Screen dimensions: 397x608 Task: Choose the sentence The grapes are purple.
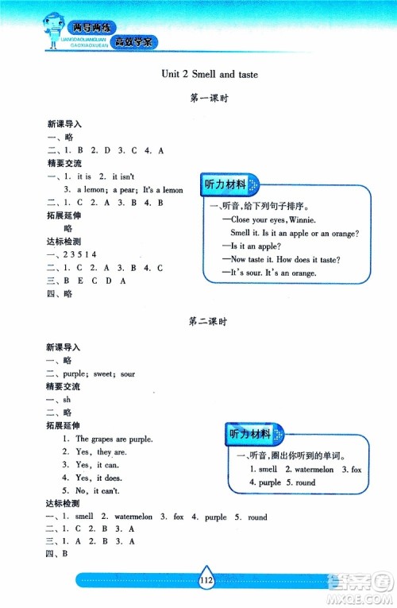pos(114,438)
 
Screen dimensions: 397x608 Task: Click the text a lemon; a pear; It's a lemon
pos(129,190)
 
